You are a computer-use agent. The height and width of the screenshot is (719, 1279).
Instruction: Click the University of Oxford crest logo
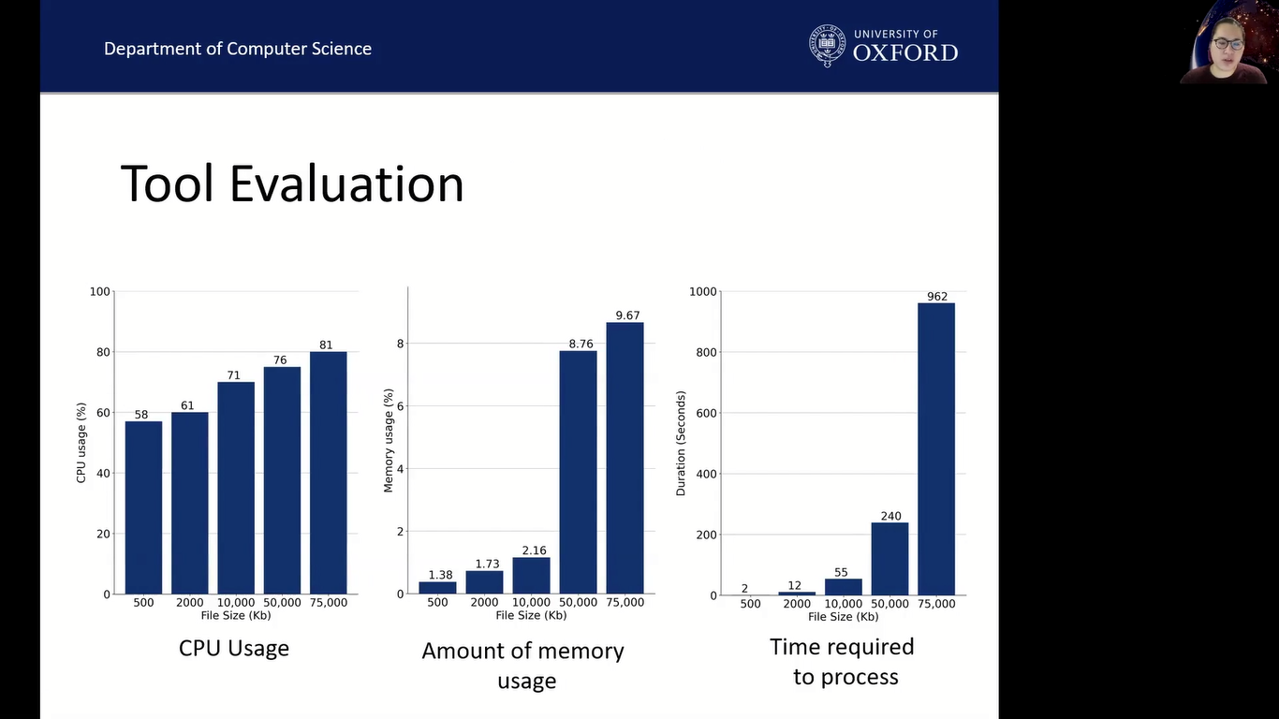[x=827, y=45]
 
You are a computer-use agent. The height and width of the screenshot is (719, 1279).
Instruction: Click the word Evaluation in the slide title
[x=346, y=183]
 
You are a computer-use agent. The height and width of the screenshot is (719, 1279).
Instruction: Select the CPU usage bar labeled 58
[x=143, y=506]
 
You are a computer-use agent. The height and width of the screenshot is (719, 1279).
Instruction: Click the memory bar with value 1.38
[x=437, y=587]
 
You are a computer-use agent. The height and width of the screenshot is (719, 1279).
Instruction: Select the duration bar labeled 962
[x=936, y=448]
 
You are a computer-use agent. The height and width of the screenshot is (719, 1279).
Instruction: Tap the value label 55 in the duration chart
[x=841, y=572]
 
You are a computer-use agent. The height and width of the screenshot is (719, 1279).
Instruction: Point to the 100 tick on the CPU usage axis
[x=99, y=292]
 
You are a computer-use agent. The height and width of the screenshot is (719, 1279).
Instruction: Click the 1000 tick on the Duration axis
[x=702, y=292]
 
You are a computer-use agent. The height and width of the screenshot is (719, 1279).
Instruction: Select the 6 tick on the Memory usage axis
[x=400, y=406]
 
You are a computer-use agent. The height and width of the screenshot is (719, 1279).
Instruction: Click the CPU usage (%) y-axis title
[x=81, y=443]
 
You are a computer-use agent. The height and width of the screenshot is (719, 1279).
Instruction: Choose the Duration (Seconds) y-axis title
[x=681, y=443]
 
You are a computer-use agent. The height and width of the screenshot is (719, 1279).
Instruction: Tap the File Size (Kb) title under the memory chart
[x=531, y=615]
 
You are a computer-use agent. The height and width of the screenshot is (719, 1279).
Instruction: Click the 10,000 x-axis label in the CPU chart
[x=236, y=603]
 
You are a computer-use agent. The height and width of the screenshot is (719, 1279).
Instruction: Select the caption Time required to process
[x=843, y=661]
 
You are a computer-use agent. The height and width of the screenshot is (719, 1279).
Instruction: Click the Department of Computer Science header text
[x=238, y=49]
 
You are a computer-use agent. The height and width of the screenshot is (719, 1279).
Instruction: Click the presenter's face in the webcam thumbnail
[x=1228, y=46]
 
